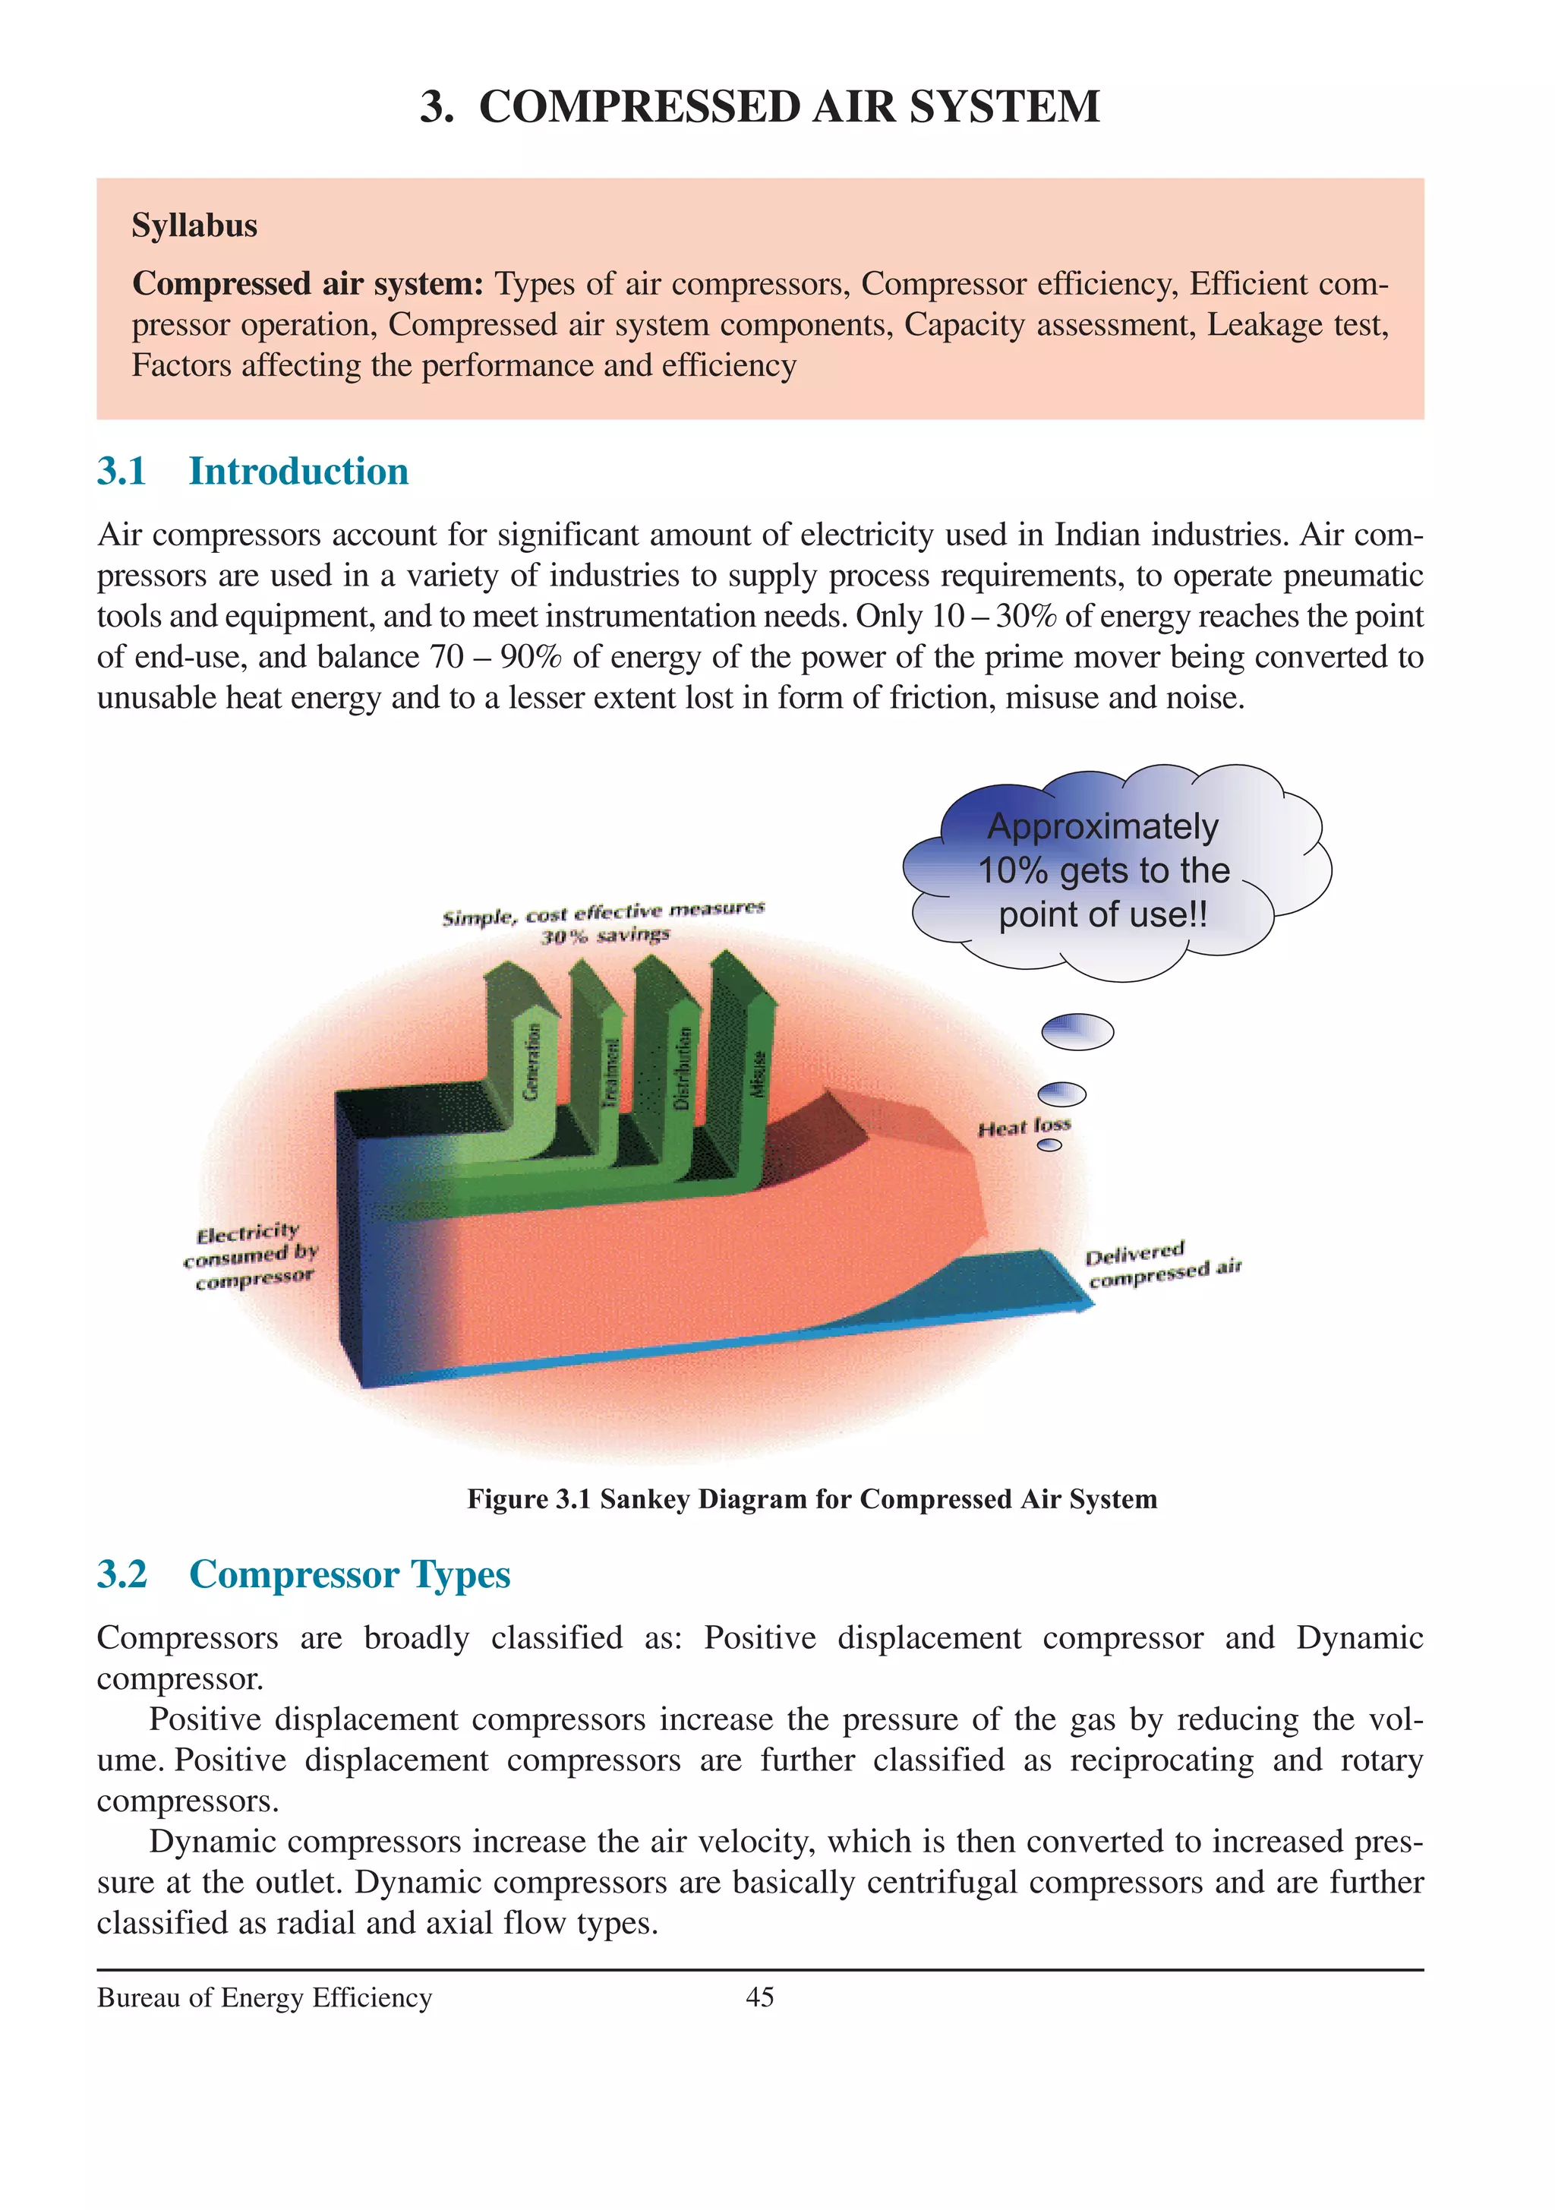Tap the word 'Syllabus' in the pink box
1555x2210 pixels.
194,226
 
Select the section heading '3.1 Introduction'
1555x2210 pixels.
252,471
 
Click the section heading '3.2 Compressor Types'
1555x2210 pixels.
303,1574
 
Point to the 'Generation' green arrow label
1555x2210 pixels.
531,1061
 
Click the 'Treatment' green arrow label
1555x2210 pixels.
609,1073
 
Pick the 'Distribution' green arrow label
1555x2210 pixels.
683,1069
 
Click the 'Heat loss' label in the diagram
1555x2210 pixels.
1024,1126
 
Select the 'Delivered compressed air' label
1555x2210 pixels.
1162,1264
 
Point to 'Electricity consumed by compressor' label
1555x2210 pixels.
251,1256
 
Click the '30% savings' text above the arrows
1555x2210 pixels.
604,936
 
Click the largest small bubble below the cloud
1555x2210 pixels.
1077,1032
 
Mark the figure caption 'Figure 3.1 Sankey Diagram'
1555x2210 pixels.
811,1498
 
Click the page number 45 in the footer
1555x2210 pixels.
759,1997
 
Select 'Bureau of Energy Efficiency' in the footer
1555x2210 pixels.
265,1998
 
